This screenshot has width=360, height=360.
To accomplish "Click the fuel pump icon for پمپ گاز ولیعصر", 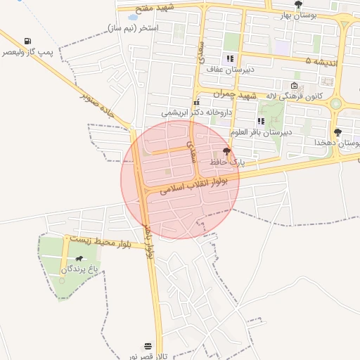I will pos(27,41).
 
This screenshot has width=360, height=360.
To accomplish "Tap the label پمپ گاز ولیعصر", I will pos(27,53).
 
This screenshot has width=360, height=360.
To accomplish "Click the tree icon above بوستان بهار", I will pos(298,4).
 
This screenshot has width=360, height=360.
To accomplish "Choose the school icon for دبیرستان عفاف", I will pos(229,59).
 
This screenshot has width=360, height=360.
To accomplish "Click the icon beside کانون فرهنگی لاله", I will pos(294,86).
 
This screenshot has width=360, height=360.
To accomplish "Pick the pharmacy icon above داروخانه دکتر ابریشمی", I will pos(195,103).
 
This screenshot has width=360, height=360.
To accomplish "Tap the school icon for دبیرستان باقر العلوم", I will pos(261,122).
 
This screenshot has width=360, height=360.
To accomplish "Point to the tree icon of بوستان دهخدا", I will pos(338,132).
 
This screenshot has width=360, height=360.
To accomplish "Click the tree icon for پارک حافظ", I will pos(226,152).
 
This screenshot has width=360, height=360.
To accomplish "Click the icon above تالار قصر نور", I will pos(147,346).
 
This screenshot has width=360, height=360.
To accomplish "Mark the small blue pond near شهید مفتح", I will pos(132,17).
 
